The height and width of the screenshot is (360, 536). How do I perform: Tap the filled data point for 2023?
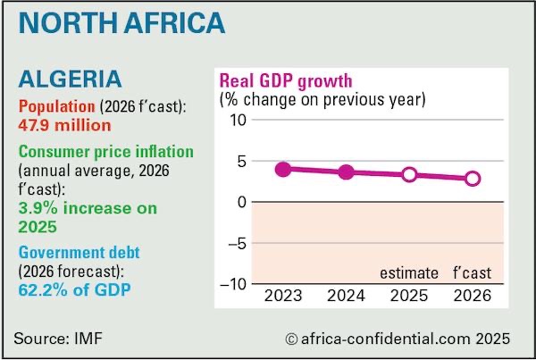tap(283, 169)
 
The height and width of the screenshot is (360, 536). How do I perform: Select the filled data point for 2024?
tap(346, 172)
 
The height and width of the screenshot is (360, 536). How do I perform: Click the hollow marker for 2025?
tap(409, 174)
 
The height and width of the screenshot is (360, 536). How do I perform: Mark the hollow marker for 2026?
tap(473, 179)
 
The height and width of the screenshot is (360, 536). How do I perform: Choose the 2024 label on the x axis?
tap(347, 296)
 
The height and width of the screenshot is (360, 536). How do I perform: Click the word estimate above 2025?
tap(409, 272)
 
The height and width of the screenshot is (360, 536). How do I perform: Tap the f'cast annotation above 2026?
tap(473, 272)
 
